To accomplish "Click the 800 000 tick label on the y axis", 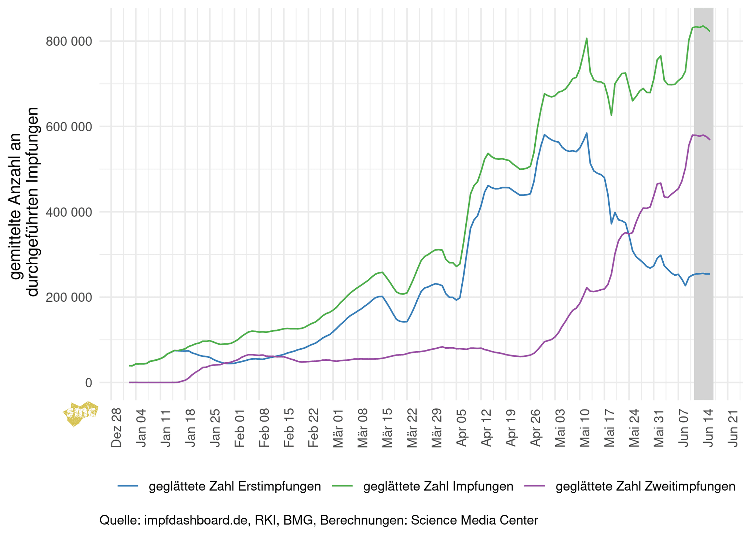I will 68,41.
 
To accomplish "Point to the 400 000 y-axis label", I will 68,212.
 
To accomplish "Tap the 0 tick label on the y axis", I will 88,383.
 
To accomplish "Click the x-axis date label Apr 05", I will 462,428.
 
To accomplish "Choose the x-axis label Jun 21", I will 733,428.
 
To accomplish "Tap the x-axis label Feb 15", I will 289,428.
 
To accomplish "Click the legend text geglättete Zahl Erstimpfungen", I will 235,487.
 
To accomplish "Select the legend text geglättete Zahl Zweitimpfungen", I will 645,487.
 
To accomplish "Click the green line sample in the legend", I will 342,486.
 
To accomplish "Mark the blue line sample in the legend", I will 128,486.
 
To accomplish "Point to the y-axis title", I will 24,202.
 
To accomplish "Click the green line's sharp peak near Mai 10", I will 587,38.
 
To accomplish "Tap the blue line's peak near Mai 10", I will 587,133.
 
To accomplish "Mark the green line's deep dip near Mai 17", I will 611,115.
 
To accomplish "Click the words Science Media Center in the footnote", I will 475,520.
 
